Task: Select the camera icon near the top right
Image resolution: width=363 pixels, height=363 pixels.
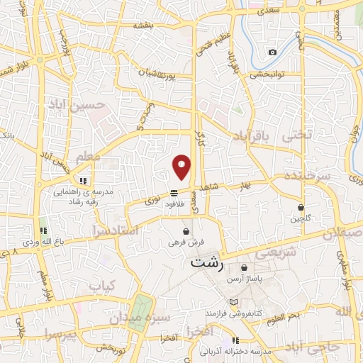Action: point(272,52)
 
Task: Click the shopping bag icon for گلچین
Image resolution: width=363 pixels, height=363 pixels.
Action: point(303,207)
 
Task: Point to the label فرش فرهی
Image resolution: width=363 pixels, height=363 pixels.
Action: point(185,242)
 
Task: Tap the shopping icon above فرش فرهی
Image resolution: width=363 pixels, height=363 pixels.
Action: point(186,231)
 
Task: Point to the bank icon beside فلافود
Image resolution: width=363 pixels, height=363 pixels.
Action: point(174,193)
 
